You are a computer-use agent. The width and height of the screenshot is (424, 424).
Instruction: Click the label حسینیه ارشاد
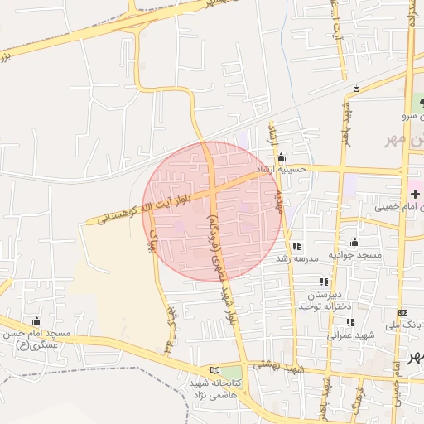pos(282,169)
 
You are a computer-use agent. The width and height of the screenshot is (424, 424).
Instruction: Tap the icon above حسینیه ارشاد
pos(281,157)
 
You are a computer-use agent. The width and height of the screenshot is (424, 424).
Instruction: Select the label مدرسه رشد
pos(296,258)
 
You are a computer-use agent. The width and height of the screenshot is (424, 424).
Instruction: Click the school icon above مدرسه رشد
pos(296,246)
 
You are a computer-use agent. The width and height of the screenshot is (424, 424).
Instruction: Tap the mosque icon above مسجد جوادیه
pos(354,243)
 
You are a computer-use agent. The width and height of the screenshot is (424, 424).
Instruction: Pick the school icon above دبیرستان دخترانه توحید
pos(324,282)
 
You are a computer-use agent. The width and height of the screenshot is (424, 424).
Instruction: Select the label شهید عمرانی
pos(350,335)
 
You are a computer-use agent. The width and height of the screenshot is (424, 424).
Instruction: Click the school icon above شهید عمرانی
pos(350,323)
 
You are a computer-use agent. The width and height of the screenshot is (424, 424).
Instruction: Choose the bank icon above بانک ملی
pos(402,312)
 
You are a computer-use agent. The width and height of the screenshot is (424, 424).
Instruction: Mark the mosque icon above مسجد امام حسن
pos(36,321)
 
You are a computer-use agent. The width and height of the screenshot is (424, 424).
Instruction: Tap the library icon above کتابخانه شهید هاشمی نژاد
pos(216,370)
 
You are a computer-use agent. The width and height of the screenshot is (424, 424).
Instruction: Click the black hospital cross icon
pos(415,194)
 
